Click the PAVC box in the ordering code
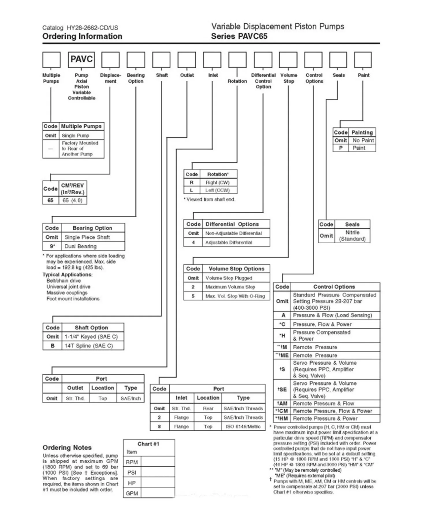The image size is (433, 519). pos(81,59)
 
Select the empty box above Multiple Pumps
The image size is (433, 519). pos(51,59)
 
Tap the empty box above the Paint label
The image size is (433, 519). pos(363,59)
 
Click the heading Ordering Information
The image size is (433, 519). pos(82,36)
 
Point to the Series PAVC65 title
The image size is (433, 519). pos(239,36)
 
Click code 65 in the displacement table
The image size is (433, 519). pos(51,200)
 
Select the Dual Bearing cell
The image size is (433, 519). pos(81,246)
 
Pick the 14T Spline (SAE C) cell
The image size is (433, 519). pos(89,346)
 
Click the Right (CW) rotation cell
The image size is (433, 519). pos(217,183)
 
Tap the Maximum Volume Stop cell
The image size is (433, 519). pos(230,287)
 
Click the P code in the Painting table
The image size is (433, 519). pos(341,148)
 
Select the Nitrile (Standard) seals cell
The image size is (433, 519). pos(352,236)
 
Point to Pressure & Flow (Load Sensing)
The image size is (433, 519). pos(332,315)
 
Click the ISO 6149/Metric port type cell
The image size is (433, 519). pos(243,426)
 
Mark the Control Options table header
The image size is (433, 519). pos(334,287)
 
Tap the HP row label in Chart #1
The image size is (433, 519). pos(132,483)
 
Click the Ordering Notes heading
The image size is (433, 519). pos(67,447)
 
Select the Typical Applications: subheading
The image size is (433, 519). pos(68,274)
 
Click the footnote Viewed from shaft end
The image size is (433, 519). pos(210,199)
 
